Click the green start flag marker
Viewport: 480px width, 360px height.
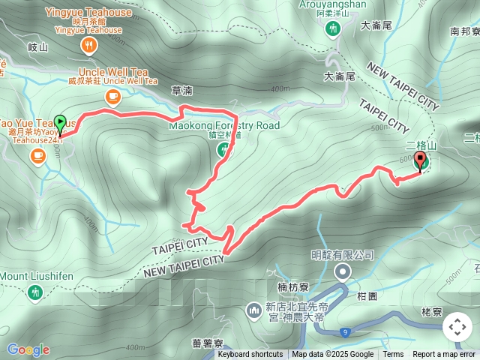pos(61,121)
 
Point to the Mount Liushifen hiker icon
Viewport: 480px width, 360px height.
pos(34,291)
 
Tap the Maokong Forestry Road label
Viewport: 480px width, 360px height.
pos(224,125)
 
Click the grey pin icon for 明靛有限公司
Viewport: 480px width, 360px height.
pos(343,271)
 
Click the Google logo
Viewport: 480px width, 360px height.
pos(28,350)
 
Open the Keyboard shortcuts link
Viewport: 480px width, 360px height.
pos(250,355)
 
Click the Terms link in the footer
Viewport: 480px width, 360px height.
pos(393,355)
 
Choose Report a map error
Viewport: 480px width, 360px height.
pos(444,355)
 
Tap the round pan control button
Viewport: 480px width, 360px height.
pos(457,327)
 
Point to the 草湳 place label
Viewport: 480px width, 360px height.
pos(182,90)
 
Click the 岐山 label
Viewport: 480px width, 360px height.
pos(37,46)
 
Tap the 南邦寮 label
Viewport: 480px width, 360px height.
pos(464,31)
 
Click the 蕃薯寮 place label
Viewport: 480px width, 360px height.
pos(207,343)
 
